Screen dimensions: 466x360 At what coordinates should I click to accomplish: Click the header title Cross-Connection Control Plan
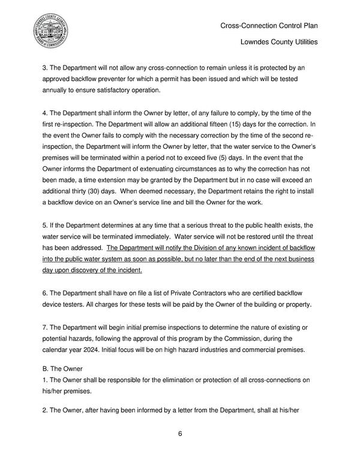click(x=269, y=26)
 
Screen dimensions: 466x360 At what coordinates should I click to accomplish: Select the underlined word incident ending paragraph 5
click(x=127, y=271)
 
